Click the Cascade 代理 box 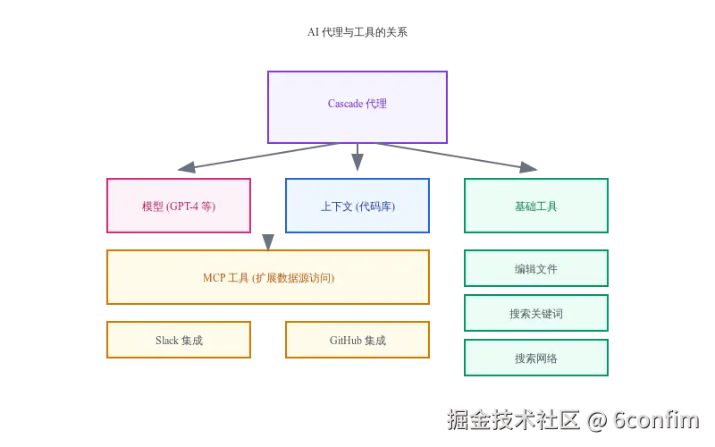[357, 106]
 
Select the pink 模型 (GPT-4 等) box [179, 206]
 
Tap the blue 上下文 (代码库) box [357, 206]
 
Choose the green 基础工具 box [536, 206]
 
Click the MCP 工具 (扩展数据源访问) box [268, 277]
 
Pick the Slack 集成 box [179, 340]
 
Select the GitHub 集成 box [357, 340]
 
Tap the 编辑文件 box [536, 268]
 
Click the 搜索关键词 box [536, 313]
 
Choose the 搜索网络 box [536, 358]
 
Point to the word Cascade [345, 104]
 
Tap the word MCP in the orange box [214, 278]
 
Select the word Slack [167, 341]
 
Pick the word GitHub [345, 341]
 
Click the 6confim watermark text [657, 418]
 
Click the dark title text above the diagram [357, 32]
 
